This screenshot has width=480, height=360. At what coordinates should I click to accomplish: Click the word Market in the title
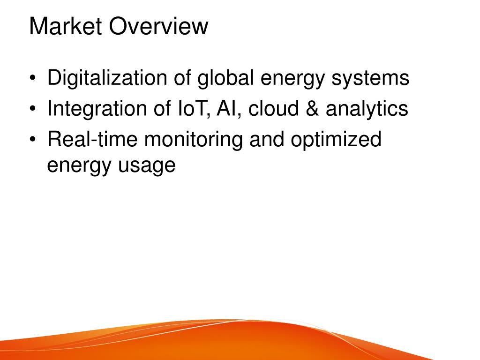point(66,26)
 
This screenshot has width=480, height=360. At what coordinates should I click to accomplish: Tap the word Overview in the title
point(158,26)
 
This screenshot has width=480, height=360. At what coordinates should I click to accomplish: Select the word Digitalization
point(107,78)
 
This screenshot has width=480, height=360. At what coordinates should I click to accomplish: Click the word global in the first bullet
point(225,78)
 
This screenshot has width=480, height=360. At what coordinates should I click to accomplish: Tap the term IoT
point(194,109)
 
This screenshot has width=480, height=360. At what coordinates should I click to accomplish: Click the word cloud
point(273,108)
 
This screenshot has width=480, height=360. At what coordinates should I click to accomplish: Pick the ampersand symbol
point(312,108)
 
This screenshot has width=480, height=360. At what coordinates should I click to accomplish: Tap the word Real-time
point(92,139)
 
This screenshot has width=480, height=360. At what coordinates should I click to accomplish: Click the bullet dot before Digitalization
point(33,78)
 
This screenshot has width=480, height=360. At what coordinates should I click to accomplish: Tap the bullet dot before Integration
point(33,108)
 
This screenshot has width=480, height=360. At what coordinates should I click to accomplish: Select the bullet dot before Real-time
point(33,139)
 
